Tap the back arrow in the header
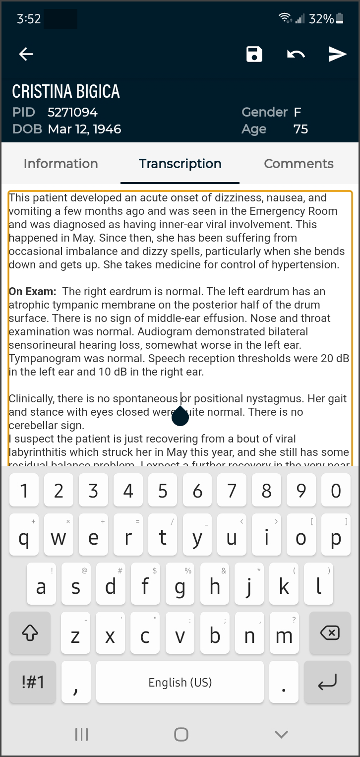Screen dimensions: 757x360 click(x=26, y=54)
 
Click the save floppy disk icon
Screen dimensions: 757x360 click(x=254, y=54)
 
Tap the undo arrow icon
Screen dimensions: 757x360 click(x=296, y=54)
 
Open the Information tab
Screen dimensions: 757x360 click(x=60, y=164)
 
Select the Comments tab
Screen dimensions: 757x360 click(x=299, y=164)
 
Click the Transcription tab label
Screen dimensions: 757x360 click(x=180, y=164)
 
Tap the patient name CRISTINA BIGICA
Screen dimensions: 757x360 click(x=66, y=91)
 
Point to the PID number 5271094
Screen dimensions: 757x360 click(x=72, y=112)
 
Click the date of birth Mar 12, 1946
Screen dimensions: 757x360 click(x=84, y=129)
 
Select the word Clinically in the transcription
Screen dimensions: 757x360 click(x=32, y=398)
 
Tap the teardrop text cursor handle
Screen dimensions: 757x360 click(x=180, y=418)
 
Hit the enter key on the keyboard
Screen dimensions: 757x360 click(x=327, y=682)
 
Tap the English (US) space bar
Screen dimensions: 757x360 click(x=180, y=682)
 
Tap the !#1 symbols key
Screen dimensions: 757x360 click(x=33, y=682)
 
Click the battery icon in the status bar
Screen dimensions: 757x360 click(x=340, y=19)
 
